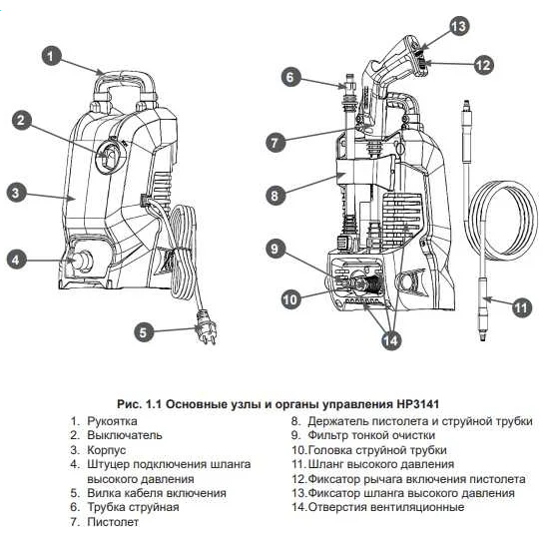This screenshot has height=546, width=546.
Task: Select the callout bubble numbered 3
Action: tap(15, 193)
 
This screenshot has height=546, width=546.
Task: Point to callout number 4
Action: tap(15, 261)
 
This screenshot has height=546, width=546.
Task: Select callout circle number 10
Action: tap(289, 297)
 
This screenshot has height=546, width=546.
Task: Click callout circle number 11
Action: tap(520, 307)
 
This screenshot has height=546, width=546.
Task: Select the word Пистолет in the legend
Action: tap(112, 522)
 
